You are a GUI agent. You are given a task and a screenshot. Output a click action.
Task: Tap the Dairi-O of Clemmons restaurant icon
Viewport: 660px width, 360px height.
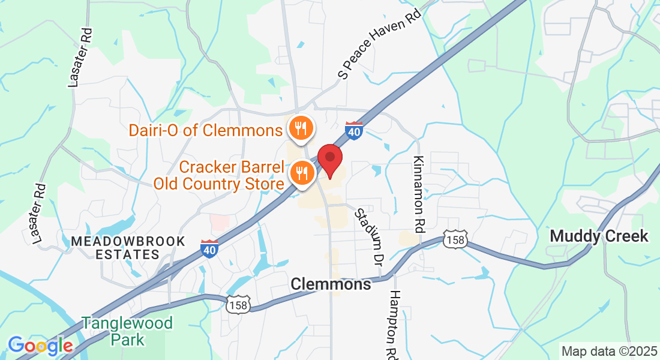[x=299, y=128]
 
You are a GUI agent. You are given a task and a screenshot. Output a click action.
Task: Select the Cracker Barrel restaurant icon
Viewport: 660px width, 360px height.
[x=299, y=173]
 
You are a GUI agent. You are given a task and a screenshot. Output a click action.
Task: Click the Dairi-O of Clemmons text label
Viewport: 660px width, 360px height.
[x=206, y=130]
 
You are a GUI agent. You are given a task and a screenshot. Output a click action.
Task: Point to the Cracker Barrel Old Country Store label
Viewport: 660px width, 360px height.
[x=218, y=175]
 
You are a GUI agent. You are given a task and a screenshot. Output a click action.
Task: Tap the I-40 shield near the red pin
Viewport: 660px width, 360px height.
[x=354, y=131]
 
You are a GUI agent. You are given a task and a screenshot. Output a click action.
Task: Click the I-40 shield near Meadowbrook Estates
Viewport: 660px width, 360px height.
[x=209, y=248]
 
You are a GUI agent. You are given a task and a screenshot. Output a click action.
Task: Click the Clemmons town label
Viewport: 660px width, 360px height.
[x=331, y=284]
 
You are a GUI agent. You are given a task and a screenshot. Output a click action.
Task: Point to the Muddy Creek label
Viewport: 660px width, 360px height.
[x=599, y=236]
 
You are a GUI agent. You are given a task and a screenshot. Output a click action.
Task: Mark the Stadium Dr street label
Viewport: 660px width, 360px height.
[x=369, y=237]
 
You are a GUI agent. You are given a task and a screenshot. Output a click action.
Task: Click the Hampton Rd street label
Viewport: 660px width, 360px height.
[x=394, y=325]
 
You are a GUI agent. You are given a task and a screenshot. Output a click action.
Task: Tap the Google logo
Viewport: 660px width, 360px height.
[x=40, y=346]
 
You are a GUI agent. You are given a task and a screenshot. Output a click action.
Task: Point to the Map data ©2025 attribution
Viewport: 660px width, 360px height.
[x=608, y=351]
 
